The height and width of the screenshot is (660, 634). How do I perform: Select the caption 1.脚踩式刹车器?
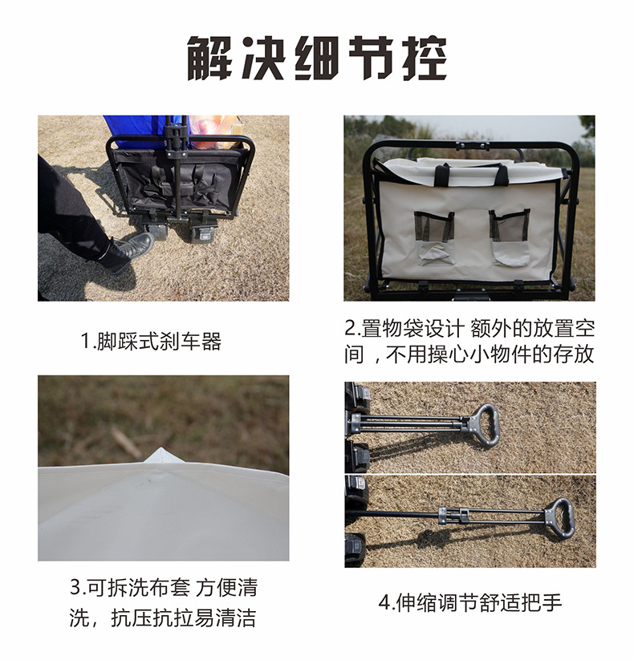(150, 342)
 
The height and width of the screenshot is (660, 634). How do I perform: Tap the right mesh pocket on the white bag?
(510, 236)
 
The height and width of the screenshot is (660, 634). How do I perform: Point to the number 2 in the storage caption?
(350, 329)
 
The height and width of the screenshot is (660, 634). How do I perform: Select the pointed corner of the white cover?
(163, 456)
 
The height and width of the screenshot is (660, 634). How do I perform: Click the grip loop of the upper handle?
(484, 420)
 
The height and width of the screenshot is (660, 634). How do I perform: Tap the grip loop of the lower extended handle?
(559, 513)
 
